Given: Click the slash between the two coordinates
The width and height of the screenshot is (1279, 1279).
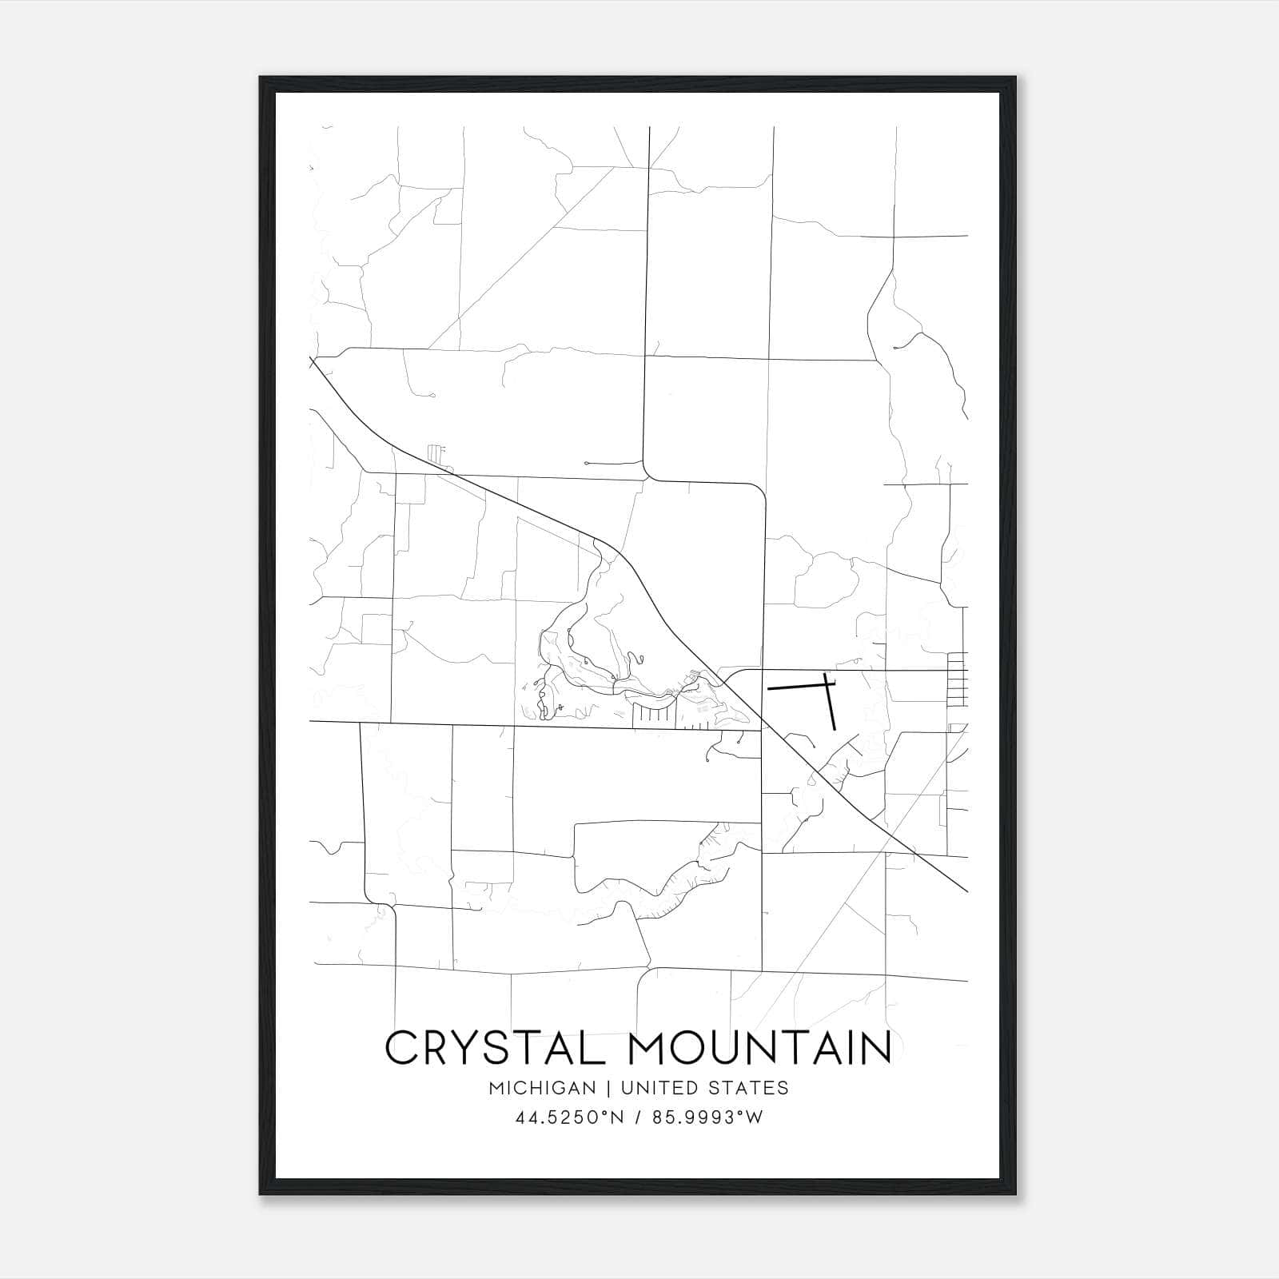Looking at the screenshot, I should coord(638,1118).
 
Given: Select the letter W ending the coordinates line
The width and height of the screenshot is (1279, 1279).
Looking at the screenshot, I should coord(755,1118).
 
